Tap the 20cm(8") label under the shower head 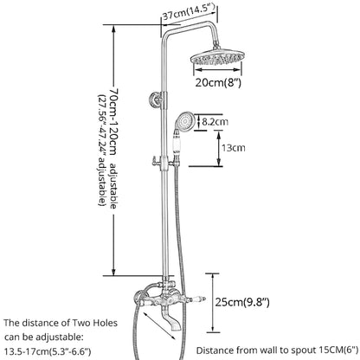point(218,82)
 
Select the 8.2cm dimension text point(215,121)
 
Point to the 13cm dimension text point(234,148)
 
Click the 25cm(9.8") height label point(242,302)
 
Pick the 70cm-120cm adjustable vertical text point(113,149)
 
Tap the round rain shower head point(216,57)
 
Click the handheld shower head point(183,121)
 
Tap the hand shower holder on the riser point(164,162)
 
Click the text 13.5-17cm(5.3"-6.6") point(48,351)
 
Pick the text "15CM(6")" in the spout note point(338,350)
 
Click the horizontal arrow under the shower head point(217,69)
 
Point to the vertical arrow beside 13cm point(219,148)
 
